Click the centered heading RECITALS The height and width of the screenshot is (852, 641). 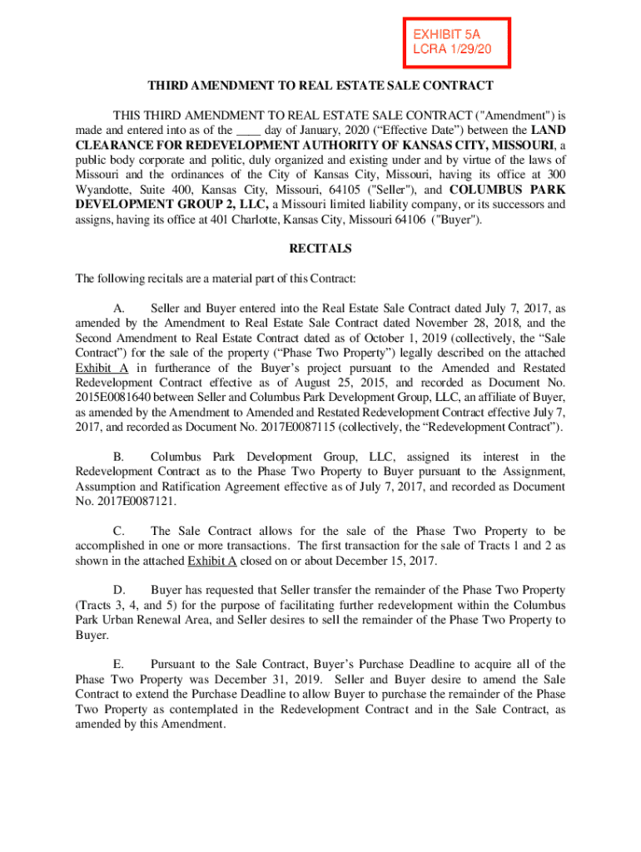[x=320, y=249]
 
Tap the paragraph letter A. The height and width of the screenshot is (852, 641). [x=119, y=308]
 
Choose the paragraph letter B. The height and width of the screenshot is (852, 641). [x=119, y=457]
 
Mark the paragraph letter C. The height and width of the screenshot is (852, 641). [x=119, y=531]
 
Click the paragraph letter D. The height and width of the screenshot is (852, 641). [x=119, y=590]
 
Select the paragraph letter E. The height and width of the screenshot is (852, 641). [x=119, y=664]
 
